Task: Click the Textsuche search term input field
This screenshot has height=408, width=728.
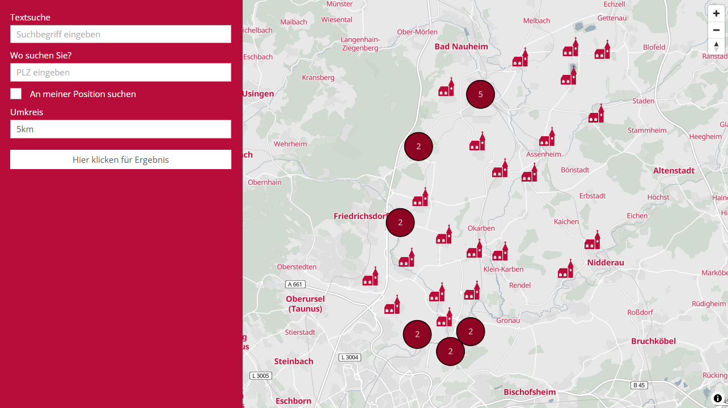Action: coord(120,34)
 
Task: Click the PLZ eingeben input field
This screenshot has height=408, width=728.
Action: coord(120,72)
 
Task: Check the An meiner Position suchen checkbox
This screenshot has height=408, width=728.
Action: coord(16,94)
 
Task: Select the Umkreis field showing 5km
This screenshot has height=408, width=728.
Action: coord(120,129)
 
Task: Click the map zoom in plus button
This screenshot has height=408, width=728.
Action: coord(716,14)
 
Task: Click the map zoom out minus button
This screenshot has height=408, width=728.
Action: coord(716,30)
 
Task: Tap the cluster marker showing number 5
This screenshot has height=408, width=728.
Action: coord(480,94)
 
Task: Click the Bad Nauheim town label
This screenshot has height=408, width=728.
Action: coord(461,46)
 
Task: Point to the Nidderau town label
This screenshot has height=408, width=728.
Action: coord(605,262)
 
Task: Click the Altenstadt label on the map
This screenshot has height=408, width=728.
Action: coord(674,170)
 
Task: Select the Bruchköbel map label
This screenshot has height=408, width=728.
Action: coord(653,341)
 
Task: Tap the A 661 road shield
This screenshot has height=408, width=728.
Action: coord(295,284)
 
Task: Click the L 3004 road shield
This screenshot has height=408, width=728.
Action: coord(349,357)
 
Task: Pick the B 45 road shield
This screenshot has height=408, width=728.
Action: coord(639,385)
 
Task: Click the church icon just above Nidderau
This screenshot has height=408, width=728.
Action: coord(592,241)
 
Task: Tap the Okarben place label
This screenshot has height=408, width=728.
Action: coord(481,228)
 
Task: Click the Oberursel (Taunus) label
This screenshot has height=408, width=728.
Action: coord(305,304)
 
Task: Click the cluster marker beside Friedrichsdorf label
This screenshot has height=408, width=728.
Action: coord(400,222)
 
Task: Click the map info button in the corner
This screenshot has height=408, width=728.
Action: coord(717,398)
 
